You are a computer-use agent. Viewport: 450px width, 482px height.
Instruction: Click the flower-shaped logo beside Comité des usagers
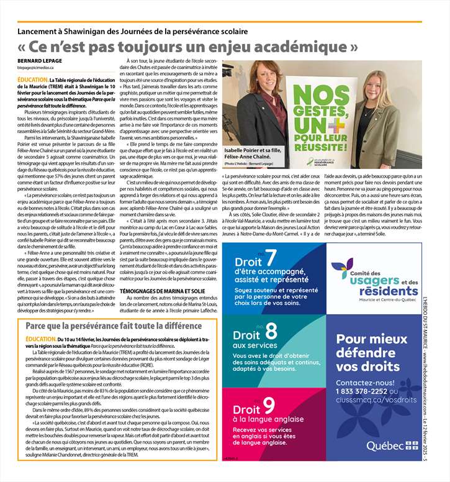342,268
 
